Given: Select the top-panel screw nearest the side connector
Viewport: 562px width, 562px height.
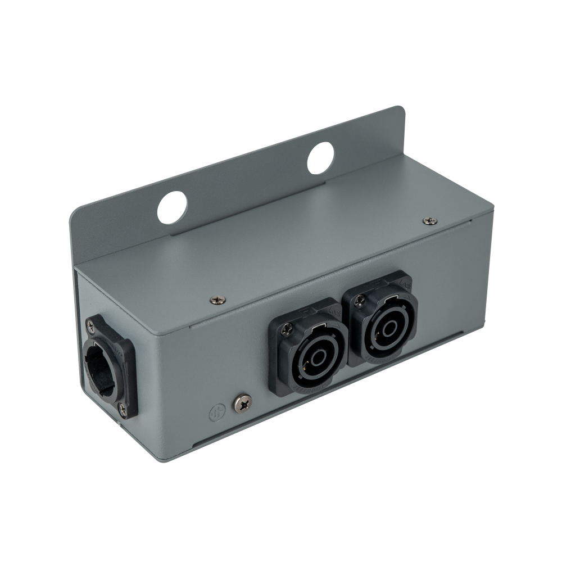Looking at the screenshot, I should pyautogui.click(x=215, y=300).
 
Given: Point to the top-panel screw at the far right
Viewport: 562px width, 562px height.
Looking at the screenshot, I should pyautogui.click(x=430, y=220).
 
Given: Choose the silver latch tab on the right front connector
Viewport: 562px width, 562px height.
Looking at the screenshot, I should pyautogui.click(x=389, y=298).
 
